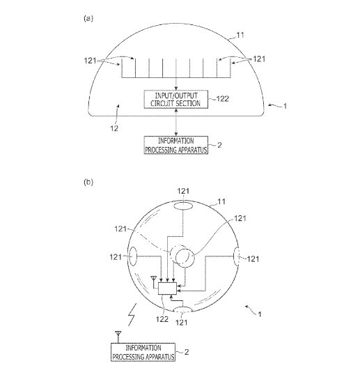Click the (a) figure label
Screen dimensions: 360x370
(x=88, y=18)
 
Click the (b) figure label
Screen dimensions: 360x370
(x=88, y=182)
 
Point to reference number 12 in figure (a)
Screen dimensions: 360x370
(x=114, y=128)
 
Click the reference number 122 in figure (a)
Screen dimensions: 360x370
(x=223, y=99)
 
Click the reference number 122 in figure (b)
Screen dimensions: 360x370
(x=162, y=319)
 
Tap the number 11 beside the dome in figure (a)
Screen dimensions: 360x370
(x=240, y=35)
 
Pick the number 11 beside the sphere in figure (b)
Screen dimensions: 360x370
(x=221, y=201)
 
